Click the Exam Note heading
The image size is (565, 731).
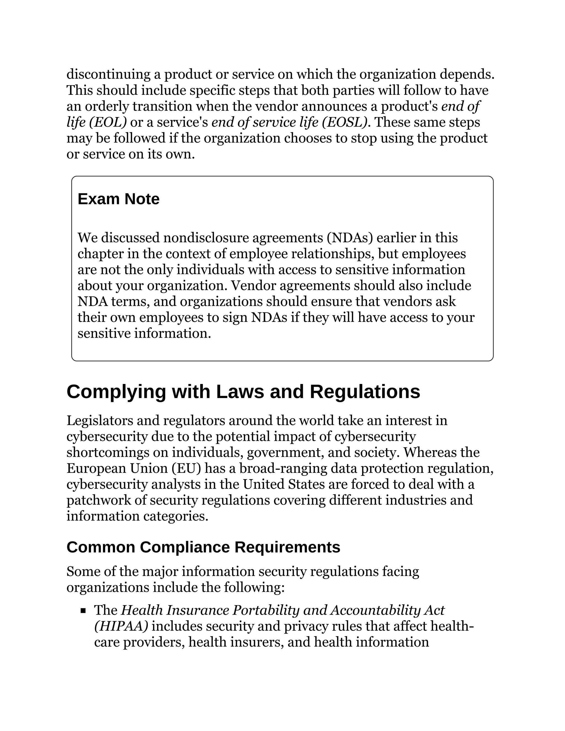(x=118, y=199)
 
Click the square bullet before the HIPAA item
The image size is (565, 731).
(x=83, y=611)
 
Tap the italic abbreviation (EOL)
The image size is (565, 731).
(x=108, y=122)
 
